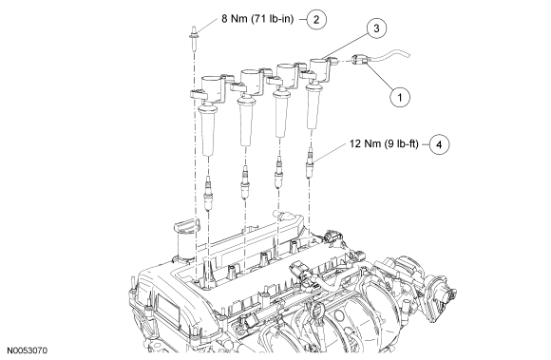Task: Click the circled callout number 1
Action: [400, 96]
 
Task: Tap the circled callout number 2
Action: [316, 19]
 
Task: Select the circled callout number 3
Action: [377, 28]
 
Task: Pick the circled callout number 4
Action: [440, 144]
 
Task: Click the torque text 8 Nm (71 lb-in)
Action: [257, 19]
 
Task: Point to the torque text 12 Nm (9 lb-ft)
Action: [384, 143]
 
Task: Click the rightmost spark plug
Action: [311, 162]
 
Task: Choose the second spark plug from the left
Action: [244, 182]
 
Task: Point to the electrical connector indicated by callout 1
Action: [360, 61]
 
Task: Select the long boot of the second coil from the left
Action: [245, 122]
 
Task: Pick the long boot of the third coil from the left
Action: [280, 112]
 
